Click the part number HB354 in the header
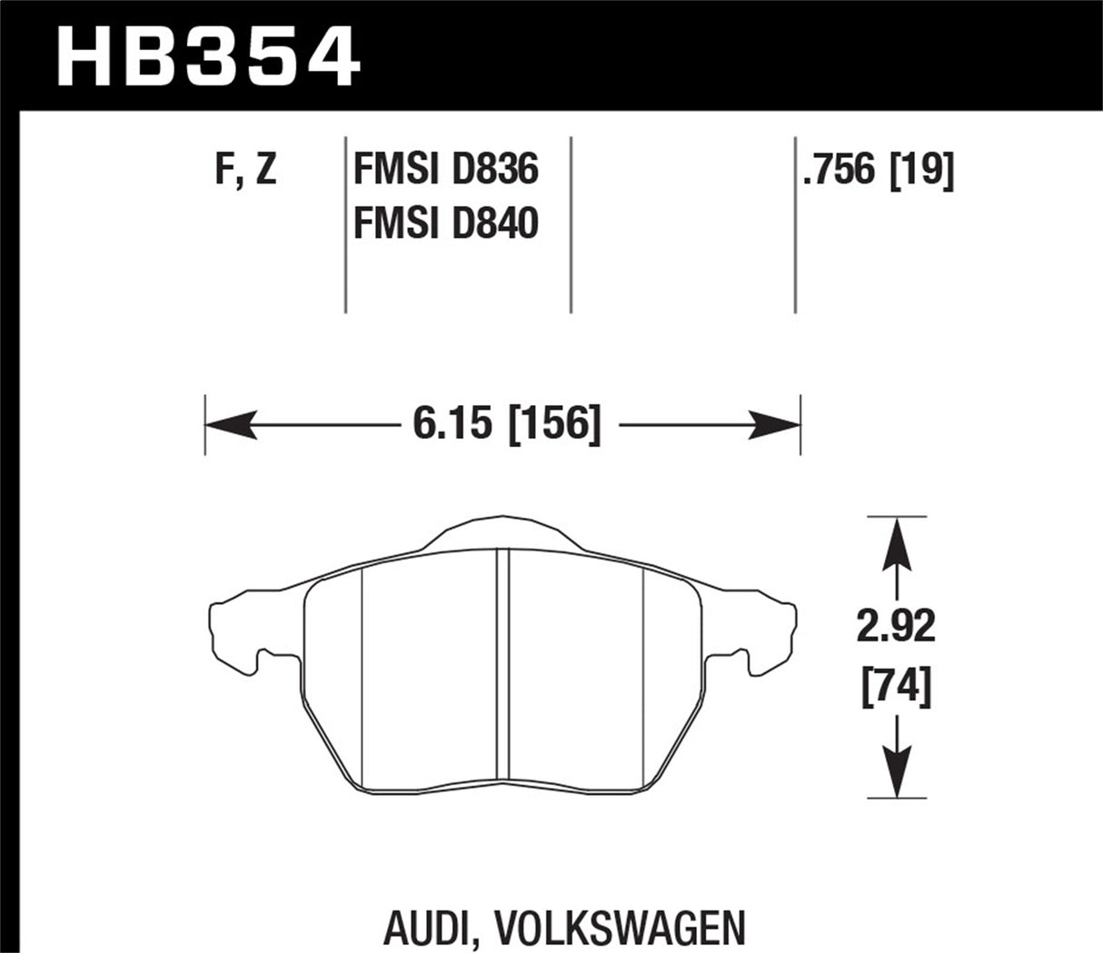(x=210, y=56)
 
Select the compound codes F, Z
(x=245, y=171)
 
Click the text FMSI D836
(x=445, y=171)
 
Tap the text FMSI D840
(x=445, y=223)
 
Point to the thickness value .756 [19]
(x=878, y=171)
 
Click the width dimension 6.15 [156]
(x=506, y=424)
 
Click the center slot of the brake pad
(x=502, y=672)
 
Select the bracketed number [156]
(x=557, y=424)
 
